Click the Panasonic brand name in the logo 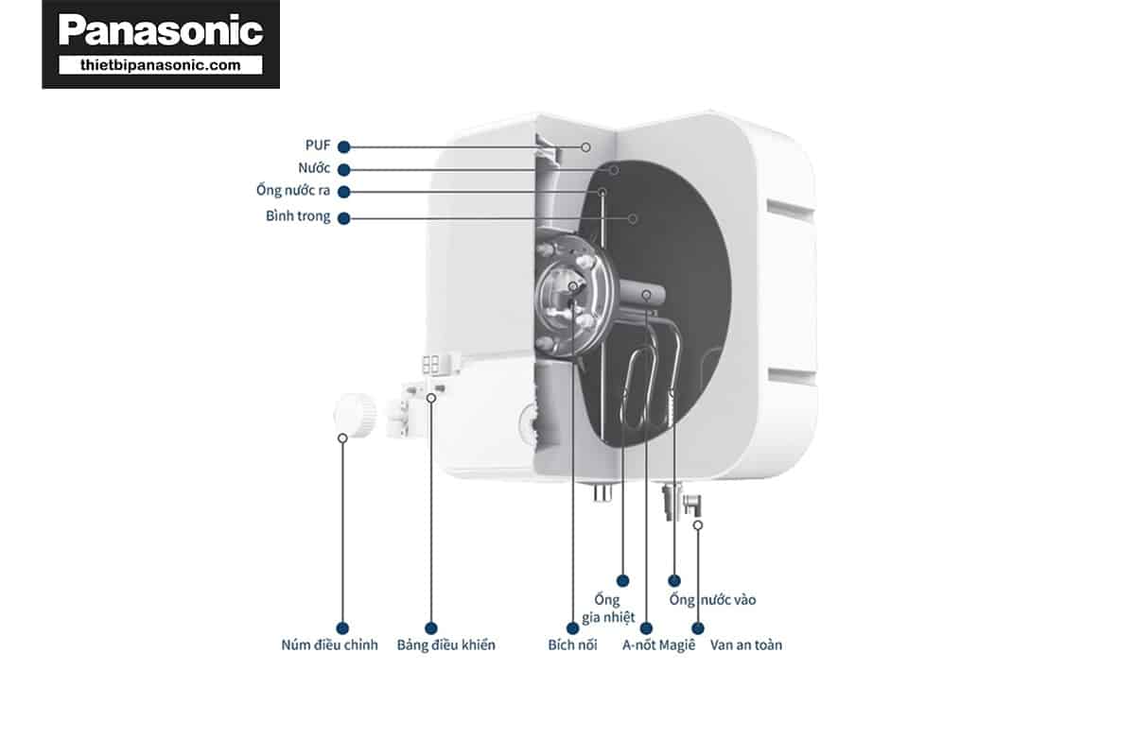point(161,30)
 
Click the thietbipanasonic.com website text point(161,65)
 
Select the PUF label point(318,146)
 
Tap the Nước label point(314,167)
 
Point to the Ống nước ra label point(293,190)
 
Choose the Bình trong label point(298,215)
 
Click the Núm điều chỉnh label point(329,644)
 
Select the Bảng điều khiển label point(445,644)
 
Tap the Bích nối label point(572,644)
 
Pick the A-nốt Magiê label point(658,644)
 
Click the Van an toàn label point(746,644)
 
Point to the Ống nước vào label point(712,599)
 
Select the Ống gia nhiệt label point(607,609)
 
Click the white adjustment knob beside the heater point(356,415)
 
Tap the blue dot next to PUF point(343,146)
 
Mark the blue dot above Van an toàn point(698,628)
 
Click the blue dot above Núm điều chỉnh point(342,628)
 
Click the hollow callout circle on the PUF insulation point(585,147)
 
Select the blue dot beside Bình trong point(343,218)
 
